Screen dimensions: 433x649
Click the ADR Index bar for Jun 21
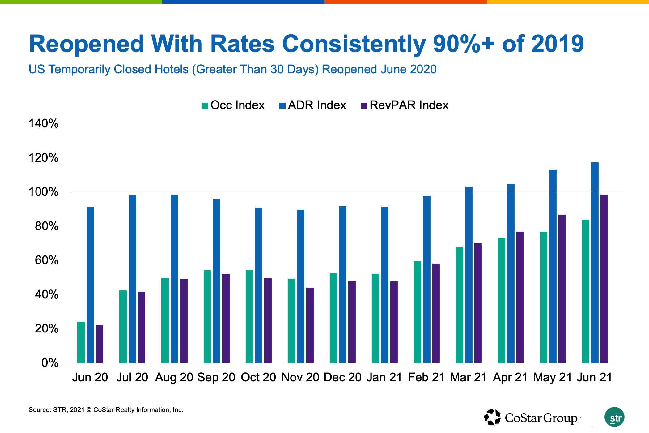coord(595,263)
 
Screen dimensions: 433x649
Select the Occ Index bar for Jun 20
coord(81,342)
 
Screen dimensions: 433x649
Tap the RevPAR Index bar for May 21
coord(562,289)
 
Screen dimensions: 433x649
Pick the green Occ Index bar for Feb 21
coord(418,312)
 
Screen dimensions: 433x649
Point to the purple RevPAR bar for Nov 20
coord(310,325)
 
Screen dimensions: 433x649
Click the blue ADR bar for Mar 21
coord(469,275)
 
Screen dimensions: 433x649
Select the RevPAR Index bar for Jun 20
coord(100,344)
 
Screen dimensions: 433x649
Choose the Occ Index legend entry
coord(233,105)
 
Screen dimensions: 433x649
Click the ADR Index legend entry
coord(313,105)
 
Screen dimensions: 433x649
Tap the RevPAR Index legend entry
coord(405,105)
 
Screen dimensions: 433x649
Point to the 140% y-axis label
coord(43,123)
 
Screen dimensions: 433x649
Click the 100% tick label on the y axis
coord(43,192)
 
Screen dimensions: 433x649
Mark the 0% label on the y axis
coord(50,363)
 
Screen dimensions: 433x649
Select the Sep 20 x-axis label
coord(216,377)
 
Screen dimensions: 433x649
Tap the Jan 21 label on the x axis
coord(384,377)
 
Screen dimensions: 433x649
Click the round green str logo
coord(614,417)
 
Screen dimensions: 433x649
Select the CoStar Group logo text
coord(543,418)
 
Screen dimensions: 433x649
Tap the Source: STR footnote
coord(106,410)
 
